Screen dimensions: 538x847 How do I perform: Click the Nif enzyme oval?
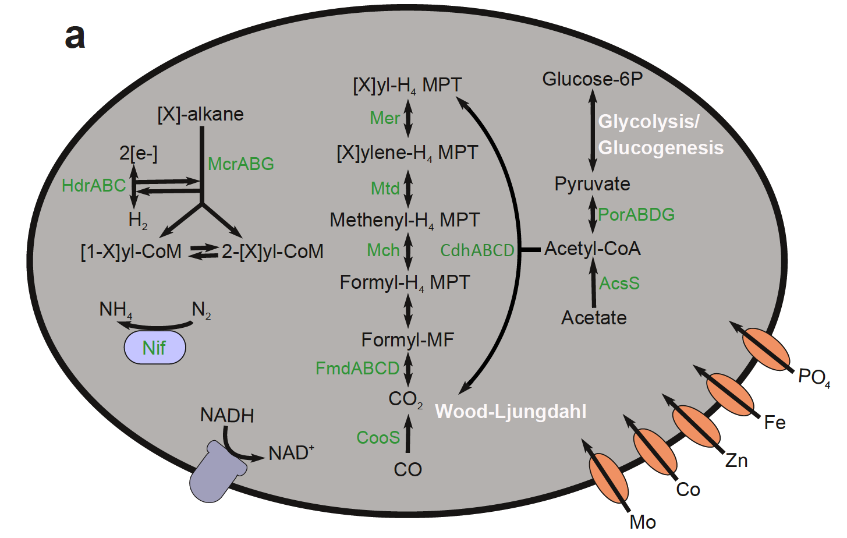point(154,348)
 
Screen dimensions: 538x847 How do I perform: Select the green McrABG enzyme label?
point(240,164)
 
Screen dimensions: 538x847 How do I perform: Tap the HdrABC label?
point(94,186)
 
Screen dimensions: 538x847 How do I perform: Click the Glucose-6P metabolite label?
point(592,79)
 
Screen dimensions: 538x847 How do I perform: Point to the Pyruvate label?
point(592,184)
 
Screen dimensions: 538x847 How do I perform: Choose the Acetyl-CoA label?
point(592,249)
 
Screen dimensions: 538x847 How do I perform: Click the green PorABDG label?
point(636,215)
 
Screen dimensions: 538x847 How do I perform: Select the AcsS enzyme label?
point(619,284)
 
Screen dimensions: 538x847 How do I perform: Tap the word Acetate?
point(594,318)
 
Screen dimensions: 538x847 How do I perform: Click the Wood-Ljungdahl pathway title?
point(511,412)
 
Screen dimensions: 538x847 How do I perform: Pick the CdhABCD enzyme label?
point(477,250)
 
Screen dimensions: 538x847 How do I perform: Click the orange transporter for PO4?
point(766,349)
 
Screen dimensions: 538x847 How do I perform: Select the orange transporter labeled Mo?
point(608,478)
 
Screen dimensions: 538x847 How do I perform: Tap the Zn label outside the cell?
point(736,461)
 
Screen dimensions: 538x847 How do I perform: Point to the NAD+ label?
point(291,452)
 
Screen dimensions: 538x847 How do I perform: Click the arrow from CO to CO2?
point(407,434)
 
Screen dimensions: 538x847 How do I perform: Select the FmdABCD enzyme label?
point(357,369)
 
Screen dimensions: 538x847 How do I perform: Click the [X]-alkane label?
point(200,114)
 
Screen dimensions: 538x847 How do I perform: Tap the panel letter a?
point(75,36)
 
